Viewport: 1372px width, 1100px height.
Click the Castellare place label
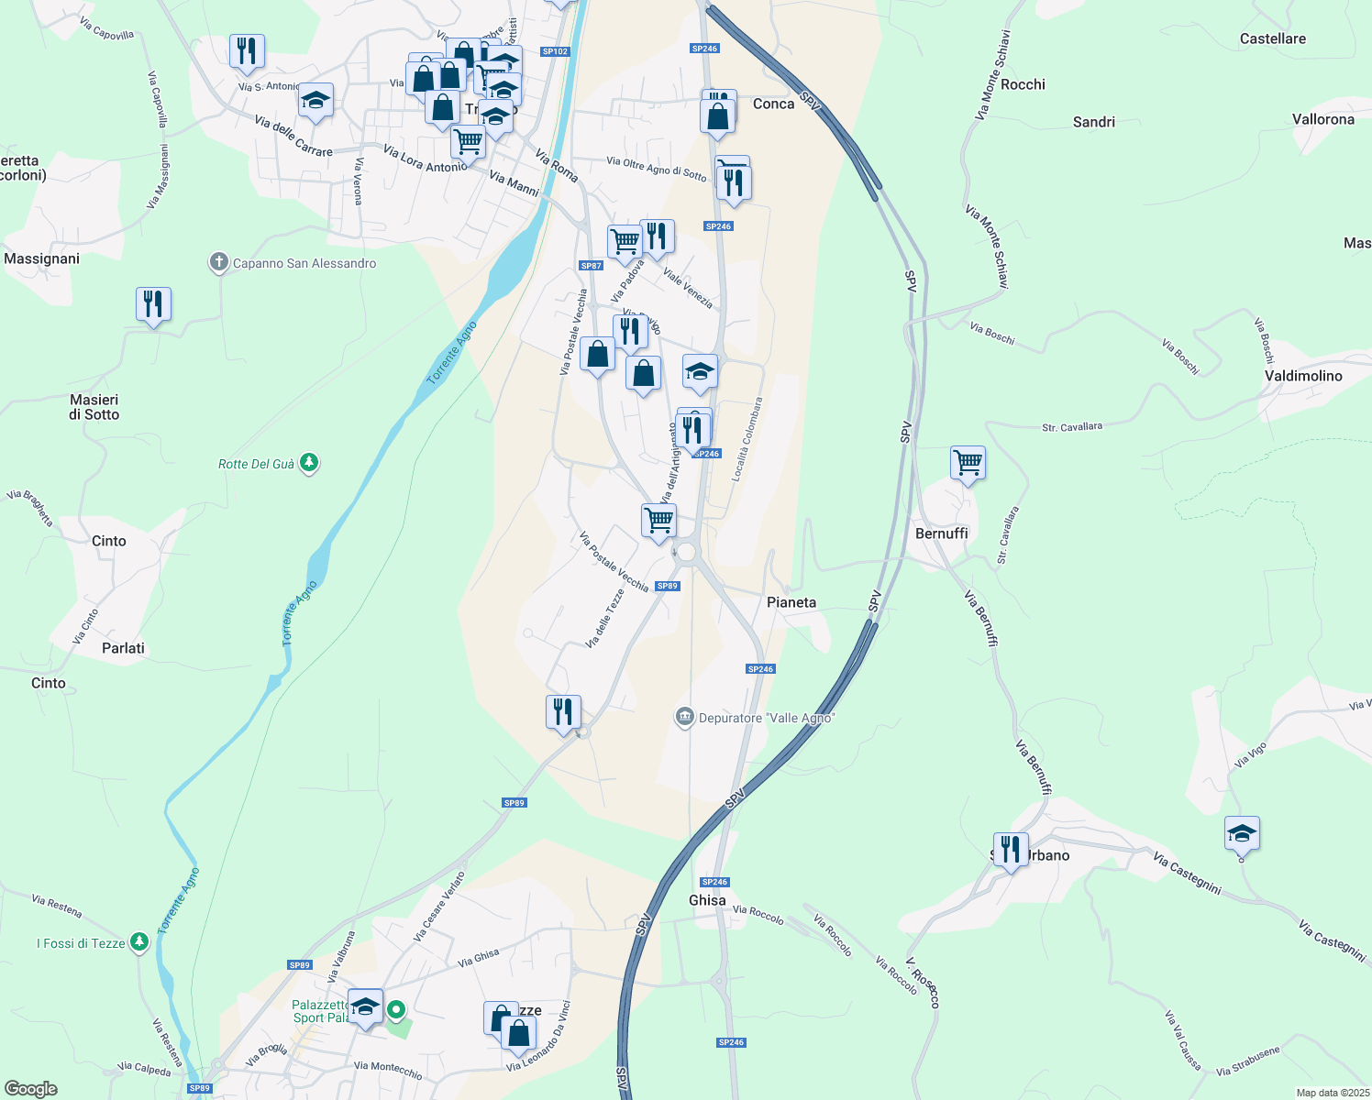tap(1272, 38)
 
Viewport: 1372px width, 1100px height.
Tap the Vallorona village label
tap(1322, 119)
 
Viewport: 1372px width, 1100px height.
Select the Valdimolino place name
tap(1303, 376)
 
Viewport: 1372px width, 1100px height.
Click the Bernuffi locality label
tap(941, 533)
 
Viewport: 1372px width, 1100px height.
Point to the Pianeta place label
tap(791, 602)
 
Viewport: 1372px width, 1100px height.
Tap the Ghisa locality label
tap(707, 900)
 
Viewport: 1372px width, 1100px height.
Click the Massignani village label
tap(42, 258)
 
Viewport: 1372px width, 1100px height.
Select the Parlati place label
tap(123, 648)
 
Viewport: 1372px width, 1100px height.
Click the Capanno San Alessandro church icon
tap(218, 263)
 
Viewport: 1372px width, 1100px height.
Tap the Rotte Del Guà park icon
tap(309, 463)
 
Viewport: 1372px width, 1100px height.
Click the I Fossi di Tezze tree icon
tap(138, 942)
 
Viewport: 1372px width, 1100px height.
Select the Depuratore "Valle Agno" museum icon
tap(684, 717)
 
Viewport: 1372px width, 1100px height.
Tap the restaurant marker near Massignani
tap(153, 303)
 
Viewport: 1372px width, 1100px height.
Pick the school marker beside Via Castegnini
tap(1241, 833)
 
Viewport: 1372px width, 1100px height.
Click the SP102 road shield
tap(555, 51)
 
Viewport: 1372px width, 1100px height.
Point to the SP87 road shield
tap(591, 266)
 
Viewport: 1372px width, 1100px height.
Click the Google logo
tap(31, 1089)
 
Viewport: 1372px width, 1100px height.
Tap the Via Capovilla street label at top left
tap(106, 28)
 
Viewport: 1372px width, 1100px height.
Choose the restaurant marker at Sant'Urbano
tap(1010, 849)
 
